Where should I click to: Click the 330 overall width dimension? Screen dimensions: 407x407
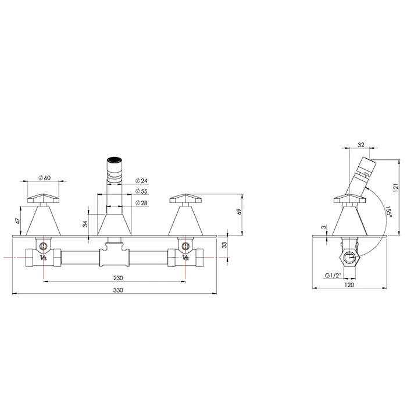click(118, 290)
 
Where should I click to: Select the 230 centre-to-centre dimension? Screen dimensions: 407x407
click(118, 278)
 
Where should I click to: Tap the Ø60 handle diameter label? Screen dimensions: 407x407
click(44, 178)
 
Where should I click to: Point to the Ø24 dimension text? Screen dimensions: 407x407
click(141, 180)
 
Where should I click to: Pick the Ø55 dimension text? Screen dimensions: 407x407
click(141, 191)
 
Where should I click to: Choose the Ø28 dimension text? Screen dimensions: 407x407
click(141, 203)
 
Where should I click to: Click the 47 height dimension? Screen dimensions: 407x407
click(17, 221)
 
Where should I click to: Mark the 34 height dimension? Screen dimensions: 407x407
click(85, 224)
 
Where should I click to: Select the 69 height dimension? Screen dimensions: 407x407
click(240, 212)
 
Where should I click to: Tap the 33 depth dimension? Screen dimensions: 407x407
click(224, 245)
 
